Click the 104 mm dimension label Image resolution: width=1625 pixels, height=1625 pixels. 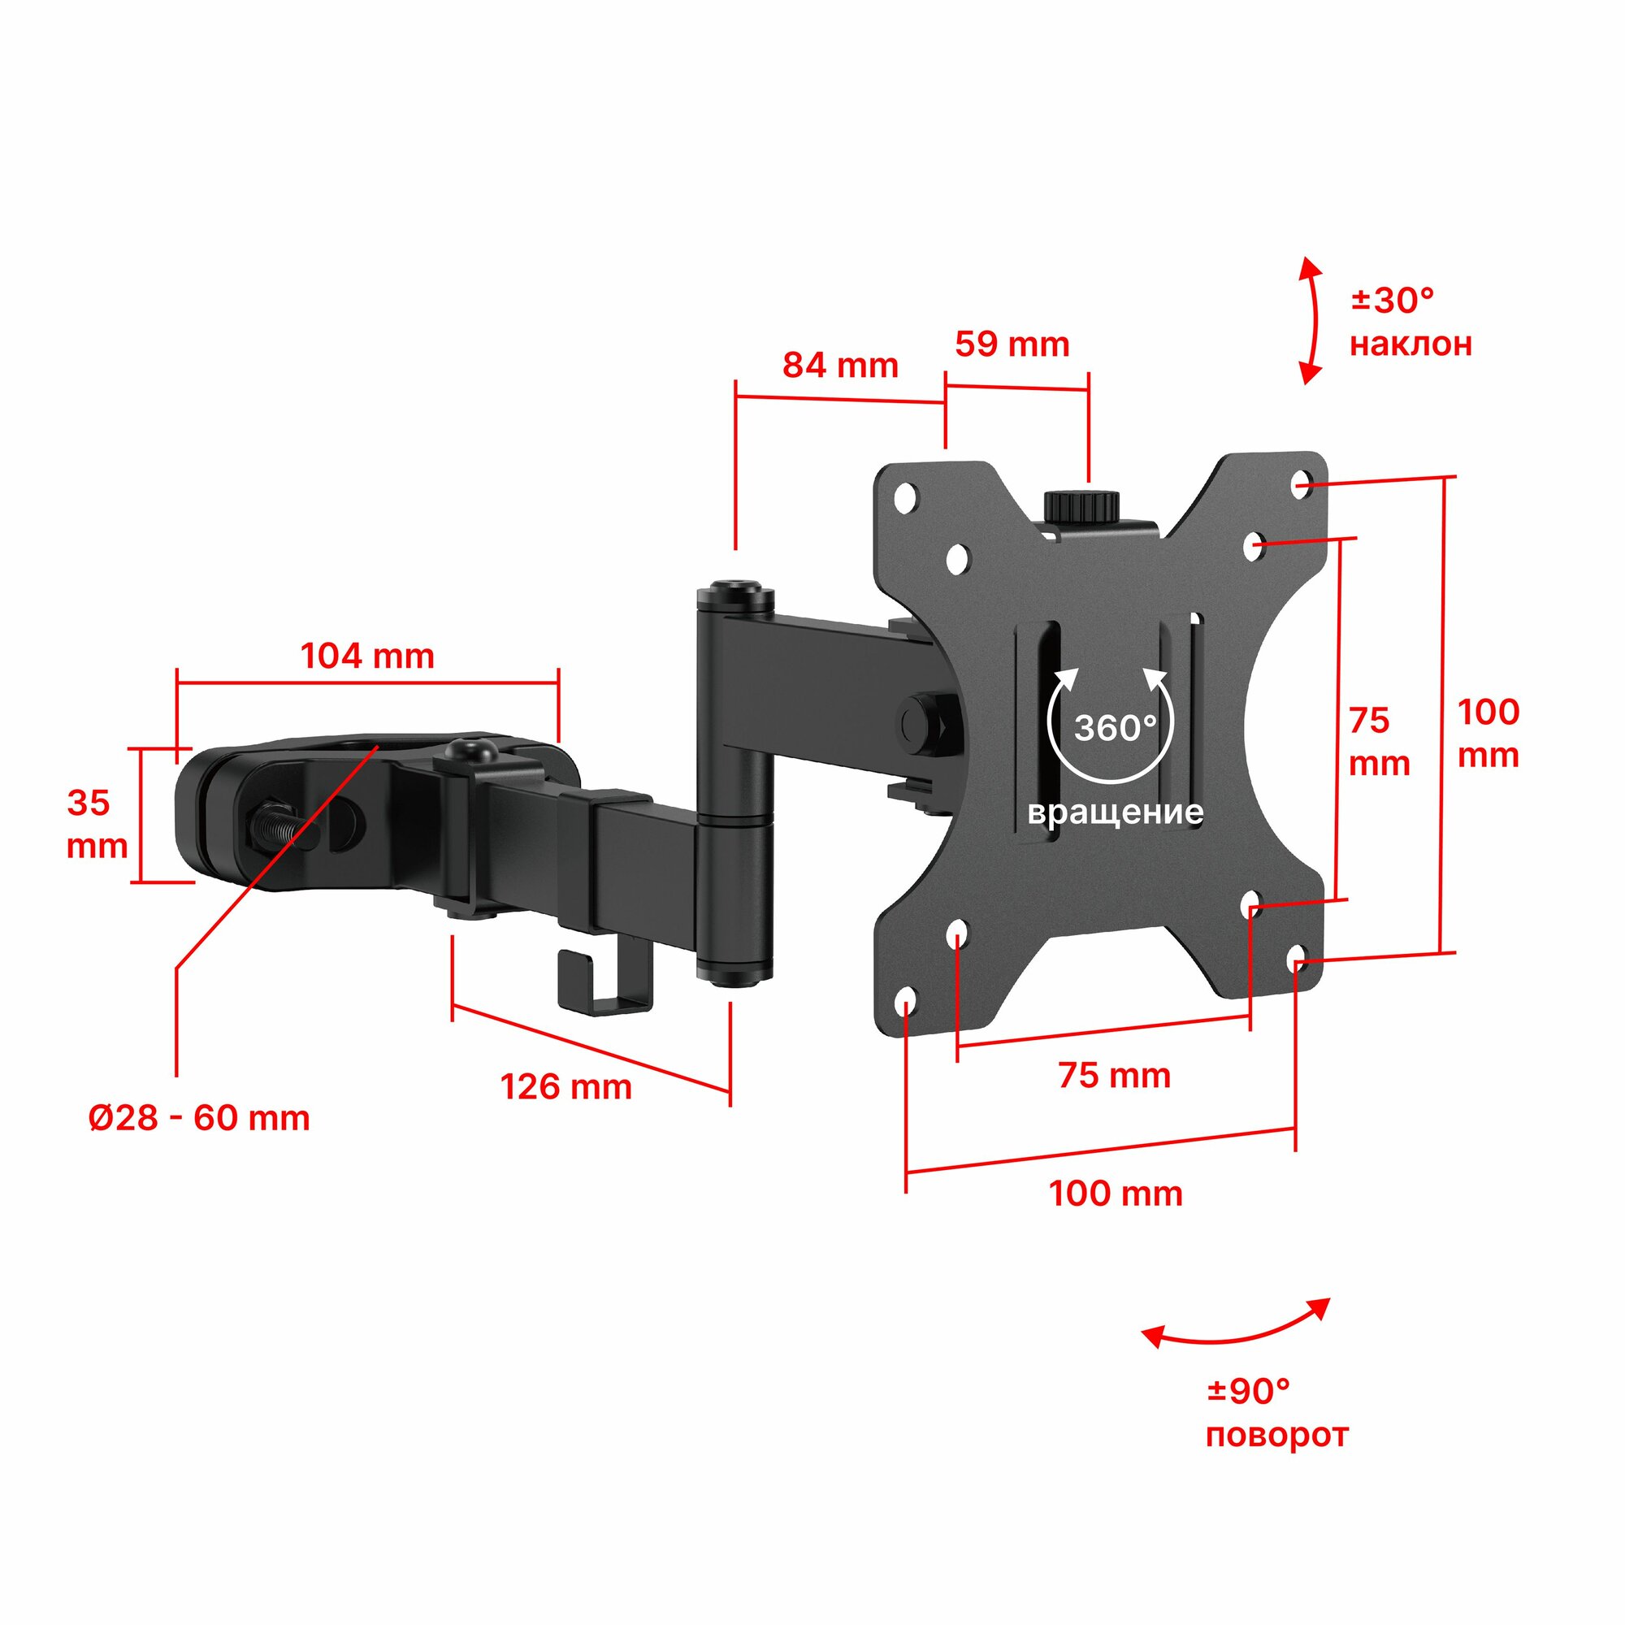(x=367, y=656)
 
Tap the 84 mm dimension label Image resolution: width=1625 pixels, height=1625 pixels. (x=840, y=365)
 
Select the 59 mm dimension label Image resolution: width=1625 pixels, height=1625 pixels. (x=1012, y=344)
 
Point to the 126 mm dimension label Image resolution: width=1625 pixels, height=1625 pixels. (x=566, y=1086)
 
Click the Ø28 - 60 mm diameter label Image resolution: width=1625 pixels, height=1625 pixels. (x=199, y=1118)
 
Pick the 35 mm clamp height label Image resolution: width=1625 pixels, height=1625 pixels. (x=96, y=824)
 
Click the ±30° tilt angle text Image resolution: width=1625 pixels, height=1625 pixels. (x=1392, y=301)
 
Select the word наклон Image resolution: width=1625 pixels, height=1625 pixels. (x=1410, y=344)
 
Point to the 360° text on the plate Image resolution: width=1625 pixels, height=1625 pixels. (x=1115, y=727)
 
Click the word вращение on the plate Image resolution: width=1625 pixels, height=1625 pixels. (x=1116, y=812)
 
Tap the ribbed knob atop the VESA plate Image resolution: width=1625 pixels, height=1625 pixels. (x=1081, y=506)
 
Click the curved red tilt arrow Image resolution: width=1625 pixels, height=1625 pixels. (x=1311, y=320)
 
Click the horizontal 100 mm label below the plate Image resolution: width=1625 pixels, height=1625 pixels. (x=1116, y=1194)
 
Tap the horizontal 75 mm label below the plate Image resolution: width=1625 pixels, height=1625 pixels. (x=1114, y=1076)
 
